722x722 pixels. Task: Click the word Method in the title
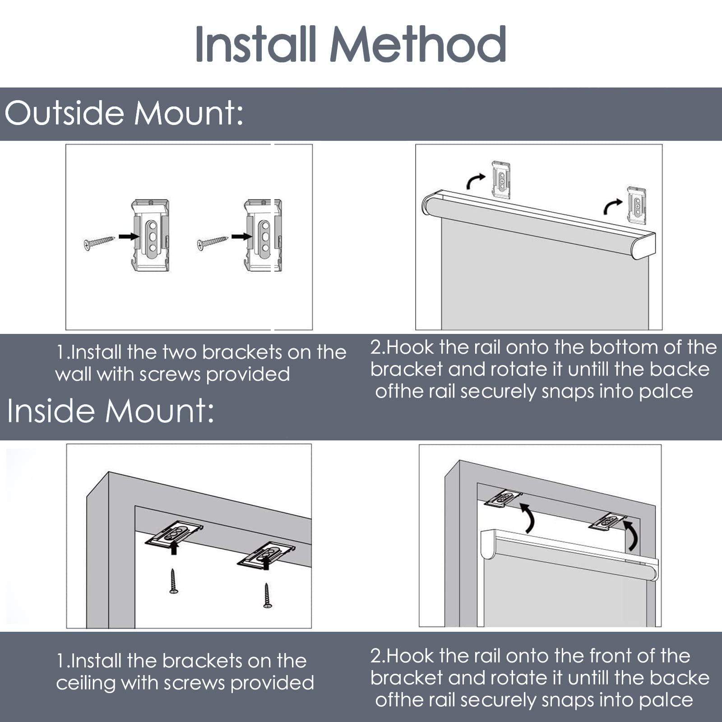click(x=418, y=44)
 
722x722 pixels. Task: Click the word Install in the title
click(x=255, y=44)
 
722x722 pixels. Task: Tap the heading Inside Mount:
click(x=111, y=411)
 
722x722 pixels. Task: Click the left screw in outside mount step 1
click(x=99, y=242)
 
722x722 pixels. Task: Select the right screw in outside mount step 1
click(x=213, y=243)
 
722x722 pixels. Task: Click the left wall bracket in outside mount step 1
click(x=150, y=235)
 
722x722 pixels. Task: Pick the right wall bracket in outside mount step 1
click(x=263, y=235)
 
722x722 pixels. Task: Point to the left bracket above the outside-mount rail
click(x=501, y=179)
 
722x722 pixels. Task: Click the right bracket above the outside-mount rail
click(x=637, y=205)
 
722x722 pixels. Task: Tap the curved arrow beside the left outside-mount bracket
click(x=476, y=181)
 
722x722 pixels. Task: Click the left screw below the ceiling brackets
click(x=174, y=581)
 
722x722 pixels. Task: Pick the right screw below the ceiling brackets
click(x=268, y=596)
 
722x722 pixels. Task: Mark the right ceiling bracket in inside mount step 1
click(x=267, y=554)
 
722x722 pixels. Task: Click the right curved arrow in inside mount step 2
click(x=630, y=535)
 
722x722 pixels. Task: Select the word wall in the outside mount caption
click(x=74, y=374)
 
